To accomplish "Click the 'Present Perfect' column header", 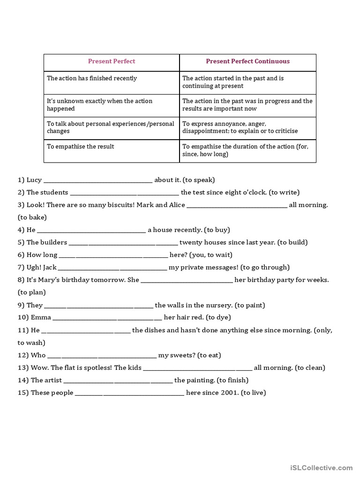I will pyautogui.click(x=112, y=61).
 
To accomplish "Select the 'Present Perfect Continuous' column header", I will pyautogui.click(x=247, y=61).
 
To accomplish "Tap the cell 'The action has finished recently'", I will pyautogui.click(x=92, y=78).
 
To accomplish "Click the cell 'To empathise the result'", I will pyautogui.click(x=81, y=147).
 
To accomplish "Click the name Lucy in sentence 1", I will pyautogui.click(x=34, y=180).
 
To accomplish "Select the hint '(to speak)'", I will pyautogui.click(x=199, y=180).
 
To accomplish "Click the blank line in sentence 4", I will pyautogui.click(x=91, y=230).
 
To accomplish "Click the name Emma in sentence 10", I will pyautogui.click(x=41, y=318).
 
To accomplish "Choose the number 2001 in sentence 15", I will pyautogui.click(x=230, y=393).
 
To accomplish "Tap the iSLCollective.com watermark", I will pyautogui.click(x=321, y=467).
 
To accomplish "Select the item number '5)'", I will pyautogui.click(x=21, y=243).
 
